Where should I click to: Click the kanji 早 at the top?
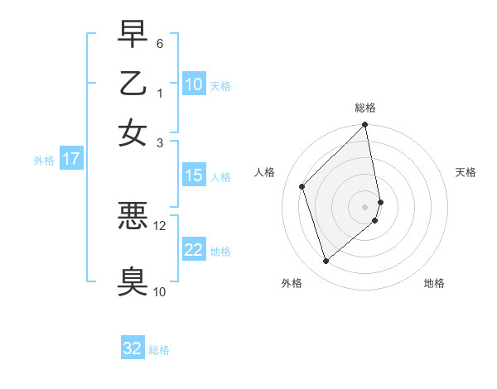(133, 35)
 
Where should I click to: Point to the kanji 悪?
(133, 217)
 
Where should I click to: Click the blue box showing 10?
(194, 84)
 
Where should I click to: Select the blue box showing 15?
(194, 175)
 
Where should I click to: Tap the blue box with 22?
(194, 250)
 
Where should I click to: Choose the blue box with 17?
(70, 159)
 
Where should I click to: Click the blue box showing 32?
(133, 348)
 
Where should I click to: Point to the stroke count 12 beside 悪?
(160, 225)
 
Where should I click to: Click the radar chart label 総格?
(365, 108)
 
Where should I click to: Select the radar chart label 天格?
(466, 172)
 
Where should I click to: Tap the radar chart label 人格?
(265, 172)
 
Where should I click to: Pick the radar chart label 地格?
(434, 283)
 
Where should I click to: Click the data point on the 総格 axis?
(365, 126)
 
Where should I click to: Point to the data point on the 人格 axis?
(302, 186)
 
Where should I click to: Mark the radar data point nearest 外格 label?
(326, 262)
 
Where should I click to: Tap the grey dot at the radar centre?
(365, 206)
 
